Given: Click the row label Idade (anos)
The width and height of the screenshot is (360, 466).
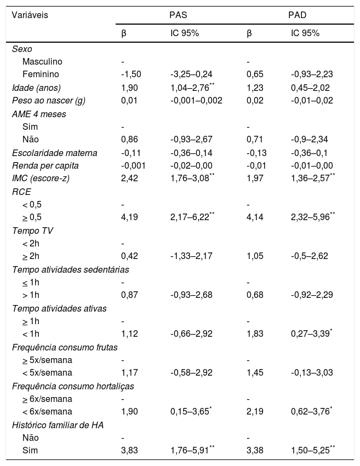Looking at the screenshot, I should pos(37,87).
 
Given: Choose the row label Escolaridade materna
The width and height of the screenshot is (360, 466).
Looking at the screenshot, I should pos(54,153).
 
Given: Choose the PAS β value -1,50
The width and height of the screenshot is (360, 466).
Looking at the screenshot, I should pos(130,74).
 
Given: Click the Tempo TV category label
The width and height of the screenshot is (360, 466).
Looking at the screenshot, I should pos(32,231).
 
